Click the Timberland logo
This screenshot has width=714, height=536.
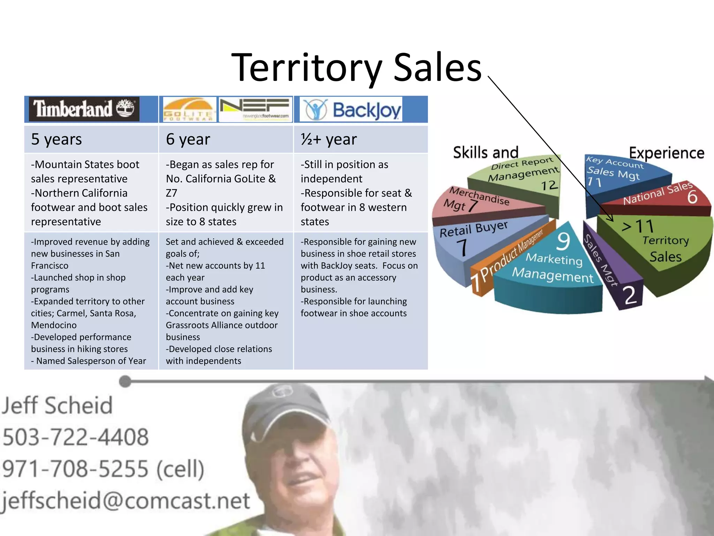coord(84,109)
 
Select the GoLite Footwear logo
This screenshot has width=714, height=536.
coord(189,110)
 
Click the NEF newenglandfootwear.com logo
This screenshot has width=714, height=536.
coord(256,110)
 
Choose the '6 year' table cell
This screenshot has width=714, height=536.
coord(226,139)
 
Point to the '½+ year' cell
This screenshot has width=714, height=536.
coord(360,139)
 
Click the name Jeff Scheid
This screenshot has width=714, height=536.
coord(58,405)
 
